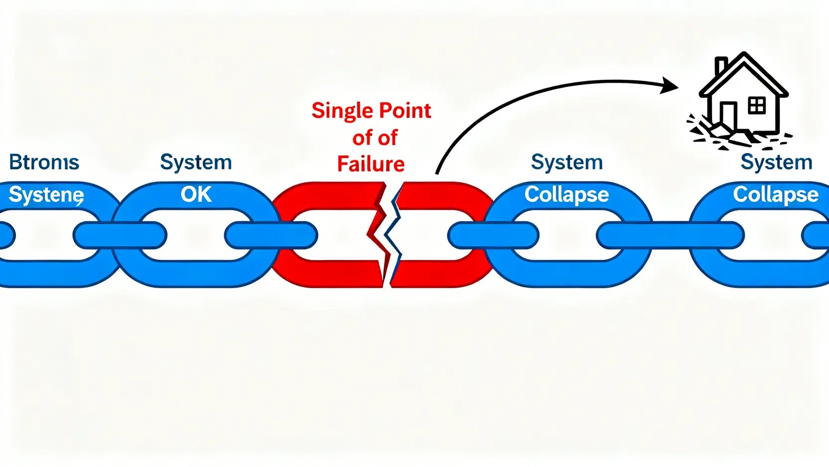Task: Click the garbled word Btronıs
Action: (44, 162)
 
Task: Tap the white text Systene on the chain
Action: (46, 195)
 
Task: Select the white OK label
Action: (196, 194)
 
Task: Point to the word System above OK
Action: (196, 162)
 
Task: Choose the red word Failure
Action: (371, 164)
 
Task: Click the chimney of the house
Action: (721, 66)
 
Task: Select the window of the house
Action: (756, 106)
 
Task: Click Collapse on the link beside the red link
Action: (566, 194)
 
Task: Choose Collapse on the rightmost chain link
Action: (775, 194)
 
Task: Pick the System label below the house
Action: (776, 162)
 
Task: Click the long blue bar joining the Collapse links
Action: (670, 235)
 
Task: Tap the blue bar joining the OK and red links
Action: (271, 235)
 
